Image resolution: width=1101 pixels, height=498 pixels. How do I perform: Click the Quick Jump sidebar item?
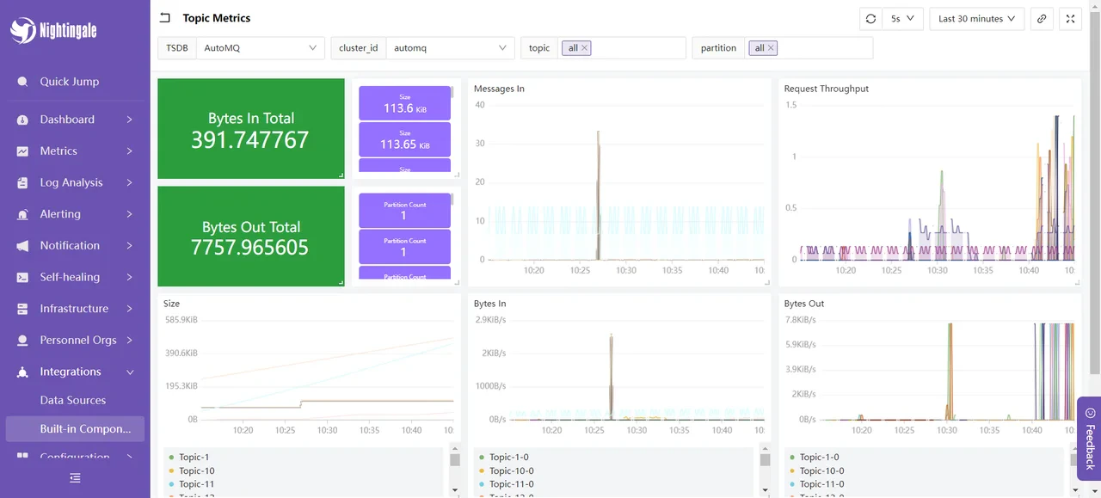69,82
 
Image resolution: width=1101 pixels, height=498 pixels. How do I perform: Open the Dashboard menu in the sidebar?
67,120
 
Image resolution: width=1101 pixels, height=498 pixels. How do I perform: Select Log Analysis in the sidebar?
71,182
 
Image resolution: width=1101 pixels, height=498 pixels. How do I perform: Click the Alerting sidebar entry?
60,214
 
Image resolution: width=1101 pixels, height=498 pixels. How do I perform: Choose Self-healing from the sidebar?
70,277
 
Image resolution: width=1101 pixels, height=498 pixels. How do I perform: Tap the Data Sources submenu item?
73,400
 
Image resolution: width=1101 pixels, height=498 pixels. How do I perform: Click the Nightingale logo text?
68,31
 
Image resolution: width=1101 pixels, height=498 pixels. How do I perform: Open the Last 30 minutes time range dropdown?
976,19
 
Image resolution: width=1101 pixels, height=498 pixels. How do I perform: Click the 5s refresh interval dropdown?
902,19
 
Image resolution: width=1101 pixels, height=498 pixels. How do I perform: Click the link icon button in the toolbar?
1042,19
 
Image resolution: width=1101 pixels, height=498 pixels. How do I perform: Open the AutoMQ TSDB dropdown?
260,48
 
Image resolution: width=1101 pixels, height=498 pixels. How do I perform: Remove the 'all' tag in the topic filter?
585,48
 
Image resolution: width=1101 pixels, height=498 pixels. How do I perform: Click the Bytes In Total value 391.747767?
249,140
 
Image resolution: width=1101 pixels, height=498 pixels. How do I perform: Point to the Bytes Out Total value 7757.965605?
249,248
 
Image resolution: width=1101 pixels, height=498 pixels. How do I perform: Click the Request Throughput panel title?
826,89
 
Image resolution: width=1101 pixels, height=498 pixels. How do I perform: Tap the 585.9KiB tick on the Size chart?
181,320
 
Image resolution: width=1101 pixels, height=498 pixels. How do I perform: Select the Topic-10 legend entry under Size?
196,470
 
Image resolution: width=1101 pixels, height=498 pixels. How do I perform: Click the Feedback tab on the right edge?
1089,438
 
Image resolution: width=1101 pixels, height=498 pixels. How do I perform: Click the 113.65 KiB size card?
404,140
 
